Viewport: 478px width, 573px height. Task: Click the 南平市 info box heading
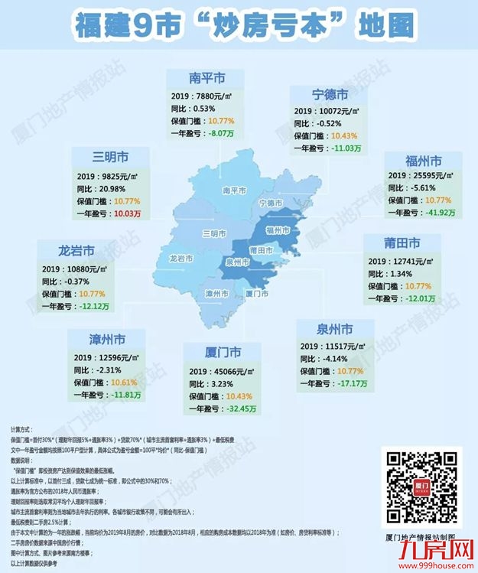(x=206, y=78)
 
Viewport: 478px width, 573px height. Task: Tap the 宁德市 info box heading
(x=330, y=96)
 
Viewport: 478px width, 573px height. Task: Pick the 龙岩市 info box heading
(x=76, y=250)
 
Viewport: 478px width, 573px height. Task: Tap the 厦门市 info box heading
(x=223, y=353)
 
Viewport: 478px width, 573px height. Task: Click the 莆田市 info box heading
(x=402, y=243)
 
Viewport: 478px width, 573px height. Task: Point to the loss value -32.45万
(x=239, y=409)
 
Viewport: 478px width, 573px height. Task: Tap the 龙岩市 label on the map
(x=181, y=259)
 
